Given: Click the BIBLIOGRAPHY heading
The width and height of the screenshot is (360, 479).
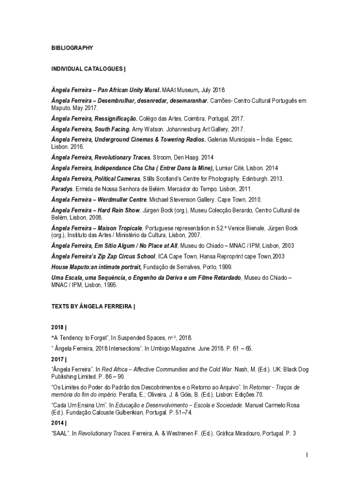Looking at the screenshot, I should pyautogui.click(x=72, y=48).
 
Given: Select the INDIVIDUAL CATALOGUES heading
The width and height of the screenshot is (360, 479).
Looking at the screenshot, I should pyautogui.click(x=88, y=69).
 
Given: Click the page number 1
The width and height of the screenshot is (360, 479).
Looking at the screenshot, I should pyautogui.click(x=307, y=455).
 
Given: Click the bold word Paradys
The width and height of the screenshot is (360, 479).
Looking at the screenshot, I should pyautogui.click(x=62, y=189).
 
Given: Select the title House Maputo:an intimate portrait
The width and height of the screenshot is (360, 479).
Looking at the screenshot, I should pyautogui.click(x=96, y=267).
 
